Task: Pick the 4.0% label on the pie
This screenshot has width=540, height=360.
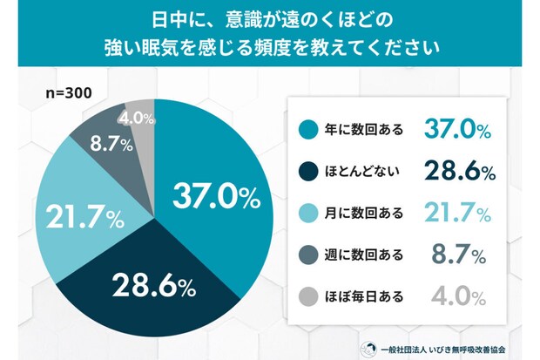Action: click(138, 119)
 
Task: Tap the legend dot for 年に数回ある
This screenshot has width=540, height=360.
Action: click(307, 130)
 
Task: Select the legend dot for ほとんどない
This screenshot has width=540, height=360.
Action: click(307, 171)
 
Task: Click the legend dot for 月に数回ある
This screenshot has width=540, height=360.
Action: click(307, 213)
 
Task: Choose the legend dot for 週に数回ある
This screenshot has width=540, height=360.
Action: click(307, 255)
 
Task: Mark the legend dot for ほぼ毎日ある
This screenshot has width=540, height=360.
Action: click(307, 295)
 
